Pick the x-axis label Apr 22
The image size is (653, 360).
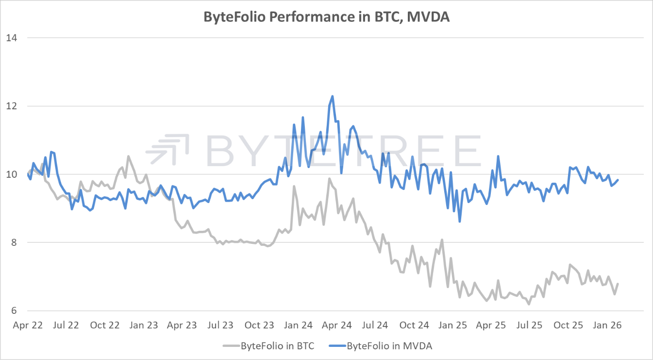27,325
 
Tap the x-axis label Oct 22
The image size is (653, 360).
105,325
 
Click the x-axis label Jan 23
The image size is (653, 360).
144,325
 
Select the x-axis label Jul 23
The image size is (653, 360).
221,325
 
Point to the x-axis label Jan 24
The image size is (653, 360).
298,325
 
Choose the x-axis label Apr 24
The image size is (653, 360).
336,325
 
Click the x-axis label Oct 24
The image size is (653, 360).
414,325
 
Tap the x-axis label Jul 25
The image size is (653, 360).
530,325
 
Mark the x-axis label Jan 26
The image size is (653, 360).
607,325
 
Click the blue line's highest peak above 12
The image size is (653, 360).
332,96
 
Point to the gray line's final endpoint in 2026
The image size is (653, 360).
618,284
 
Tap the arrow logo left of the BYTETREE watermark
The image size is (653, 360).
169,150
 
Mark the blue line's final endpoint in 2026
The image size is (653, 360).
618,180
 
